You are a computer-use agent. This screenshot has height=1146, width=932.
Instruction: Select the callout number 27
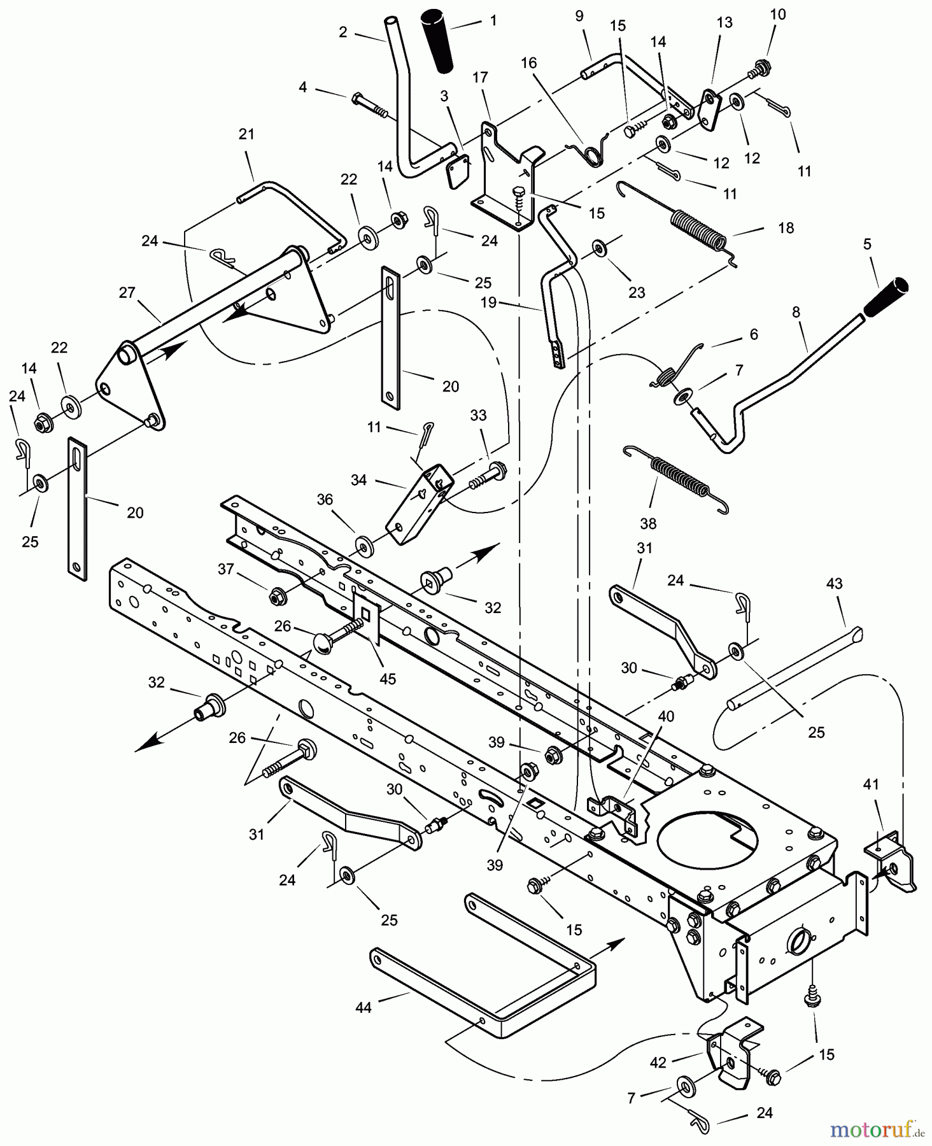[127, 292]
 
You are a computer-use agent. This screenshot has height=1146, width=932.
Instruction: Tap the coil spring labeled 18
[698, 228]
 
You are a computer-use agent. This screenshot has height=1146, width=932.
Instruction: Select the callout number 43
[834, 583]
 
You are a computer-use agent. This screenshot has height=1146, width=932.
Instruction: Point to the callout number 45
[387, 679]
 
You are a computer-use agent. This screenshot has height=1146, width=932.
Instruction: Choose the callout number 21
[246, 134]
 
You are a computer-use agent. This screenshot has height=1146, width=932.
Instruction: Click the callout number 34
[359, 480]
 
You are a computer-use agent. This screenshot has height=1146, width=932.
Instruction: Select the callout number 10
[778, 14]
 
